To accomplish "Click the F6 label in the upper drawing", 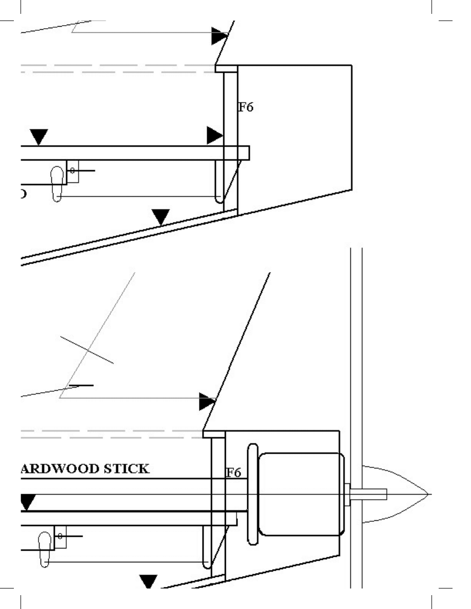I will tap(246, 108).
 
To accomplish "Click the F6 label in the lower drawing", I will tap(233, 473).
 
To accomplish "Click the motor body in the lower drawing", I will tap(300, 494).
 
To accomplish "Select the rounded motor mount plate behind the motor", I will tap(252, 494).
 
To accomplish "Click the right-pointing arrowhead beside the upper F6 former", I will tap(214, 135).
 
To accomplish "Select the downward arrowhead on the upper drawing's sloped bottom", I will tap(161, 216).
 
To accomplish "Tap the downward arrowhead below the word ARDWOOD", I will tap(27, 502).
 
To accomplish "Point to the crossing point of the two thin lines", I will tap(88, 351).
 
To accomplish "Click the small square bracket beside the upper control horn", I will tap(72, 172).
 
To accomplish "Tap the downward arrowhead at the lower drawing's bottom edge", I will tap(148, 581).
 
